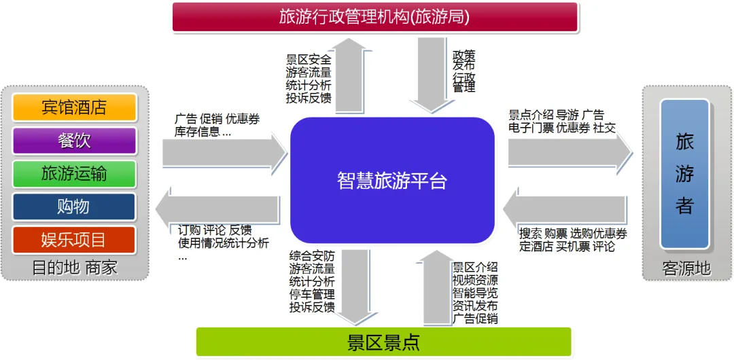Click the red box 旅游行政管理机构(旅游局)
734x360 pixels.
(x=374, y=17)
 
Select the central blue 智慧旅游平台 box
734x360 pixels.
(x=392, y=181)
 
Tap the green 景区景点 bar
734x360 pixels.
(x=383, y=342)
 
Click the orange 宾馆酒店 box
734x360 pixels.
(x=75, y=107)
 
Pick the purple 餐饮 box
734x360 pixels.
(x=75, y=141)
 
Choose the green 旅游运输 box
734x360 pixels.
(x=75, y=174)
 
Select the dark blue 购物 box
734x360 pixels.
(x=75, y=206)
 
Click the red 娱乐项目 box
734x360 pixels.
(x=75, y=240)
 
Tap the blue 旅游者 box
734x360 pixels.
(x=684, y=173)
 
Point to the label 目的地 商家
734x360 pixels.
(x=75, y=268)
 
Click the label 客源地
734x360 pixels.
(x=686, y=269)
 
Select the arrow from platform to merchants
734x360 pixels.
(x=217, y=209)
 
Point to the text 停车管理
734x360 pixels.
(x=312, y=294)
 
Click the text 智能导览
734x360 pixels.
(x=475, y=293)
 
